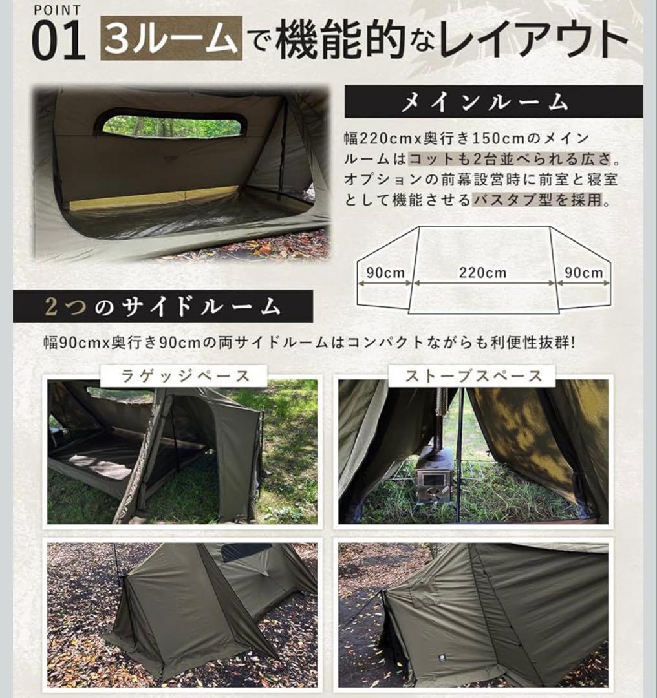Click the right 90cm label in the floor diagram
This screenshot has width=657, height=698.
tap(583, 273)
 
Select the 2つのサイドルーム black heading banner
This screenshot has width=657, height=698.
tap(162, 306)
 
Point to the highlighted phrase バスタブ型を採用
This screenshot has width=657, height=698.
tap(540, 200)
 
